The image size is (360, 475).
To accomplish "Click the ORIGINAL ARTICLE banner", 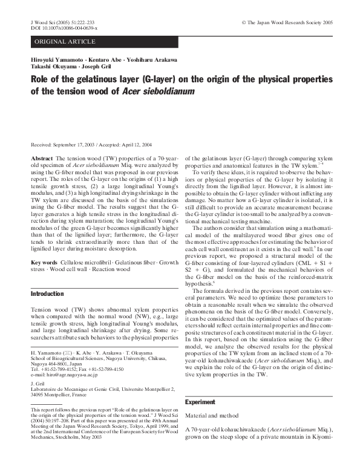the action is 65,41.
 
